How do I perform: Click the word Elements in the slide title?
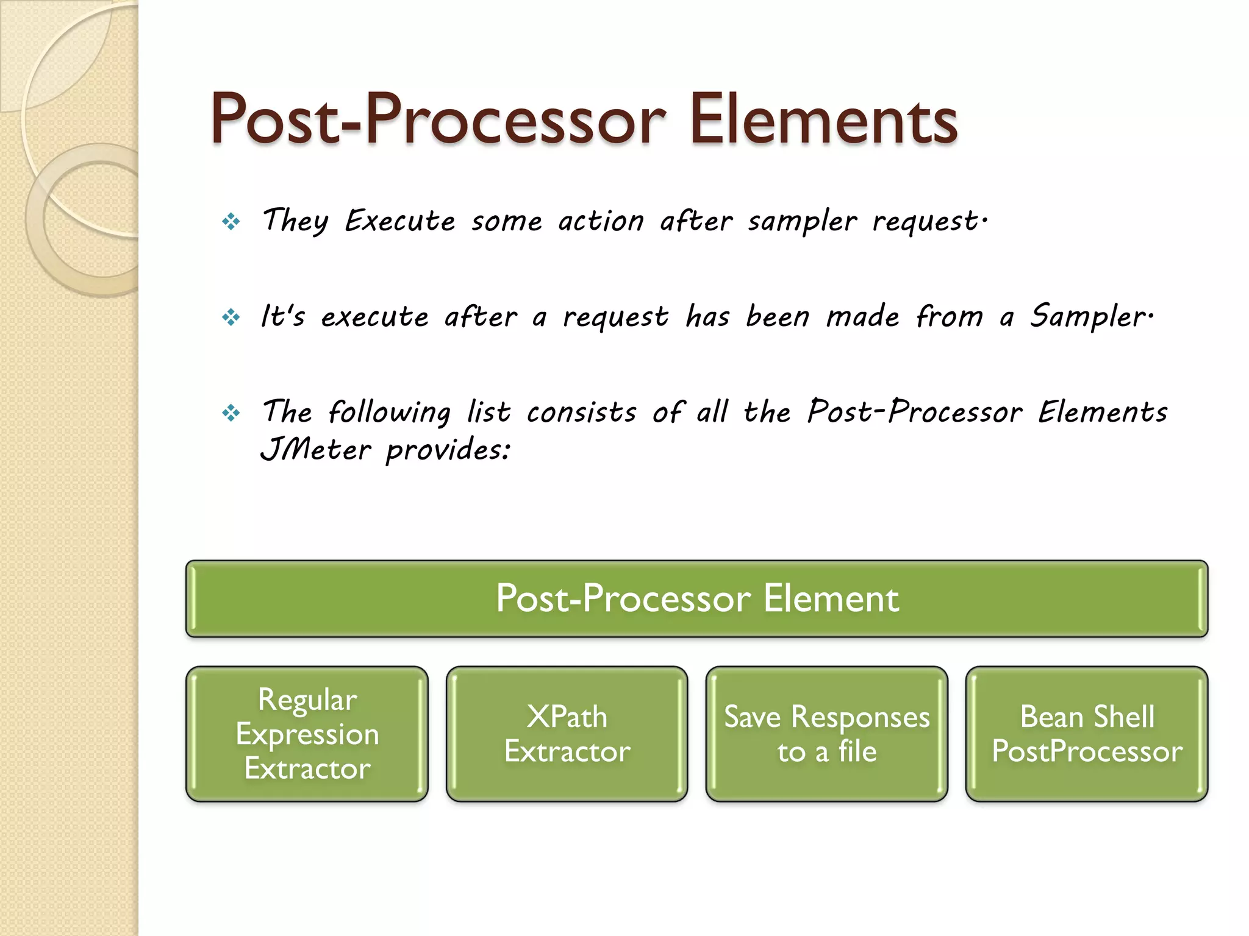823,120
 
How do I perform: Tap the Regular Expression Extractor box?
307,734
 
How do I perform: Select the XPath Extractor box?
567,734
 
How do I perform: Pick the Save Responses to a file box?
826,734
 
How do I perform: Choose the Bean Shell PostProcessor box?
1086,734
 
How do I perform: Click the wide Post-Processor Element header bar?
696,598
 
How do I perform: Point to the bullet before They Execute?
231,222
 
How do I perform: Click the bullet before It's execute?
231,317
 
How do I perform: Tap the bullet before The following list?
231,414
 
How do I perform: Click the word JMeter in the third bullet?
315,450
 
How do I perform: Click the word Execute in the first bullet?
399,221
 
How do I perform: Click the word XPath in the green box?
567,717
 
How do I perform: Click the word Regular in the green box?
307,700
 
